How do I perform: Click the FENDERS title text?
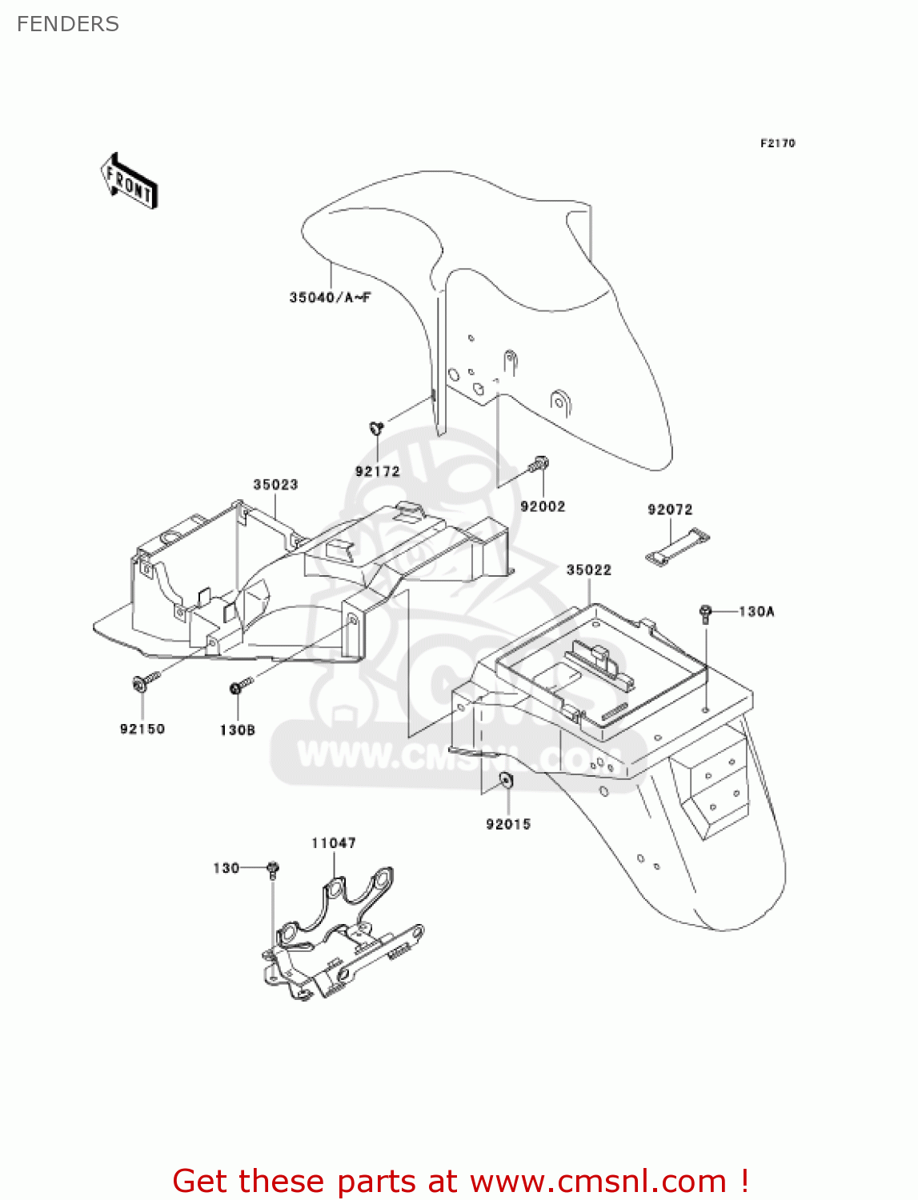68,24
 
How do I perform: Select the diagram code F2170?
777,143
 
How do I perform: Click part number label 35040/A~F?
330,298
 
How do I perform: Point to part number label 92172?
377,471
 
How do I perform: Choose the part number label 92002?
543,506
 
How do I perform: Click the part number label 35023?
275,485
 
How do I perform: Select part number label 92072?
670,510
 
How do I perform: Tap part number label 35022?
588,570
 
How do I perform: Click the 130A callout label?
756,612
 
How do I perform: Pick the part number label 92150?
142,729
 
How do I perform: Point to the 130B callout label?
238,730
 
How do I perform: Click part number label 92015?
508,824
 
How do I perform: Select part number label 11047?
334,843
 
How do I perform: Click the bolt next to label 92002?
539,464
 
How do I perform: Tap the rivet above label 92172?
376,429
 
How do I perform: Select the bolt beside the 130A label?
705,613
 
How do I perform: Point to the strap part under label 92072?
678,547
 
